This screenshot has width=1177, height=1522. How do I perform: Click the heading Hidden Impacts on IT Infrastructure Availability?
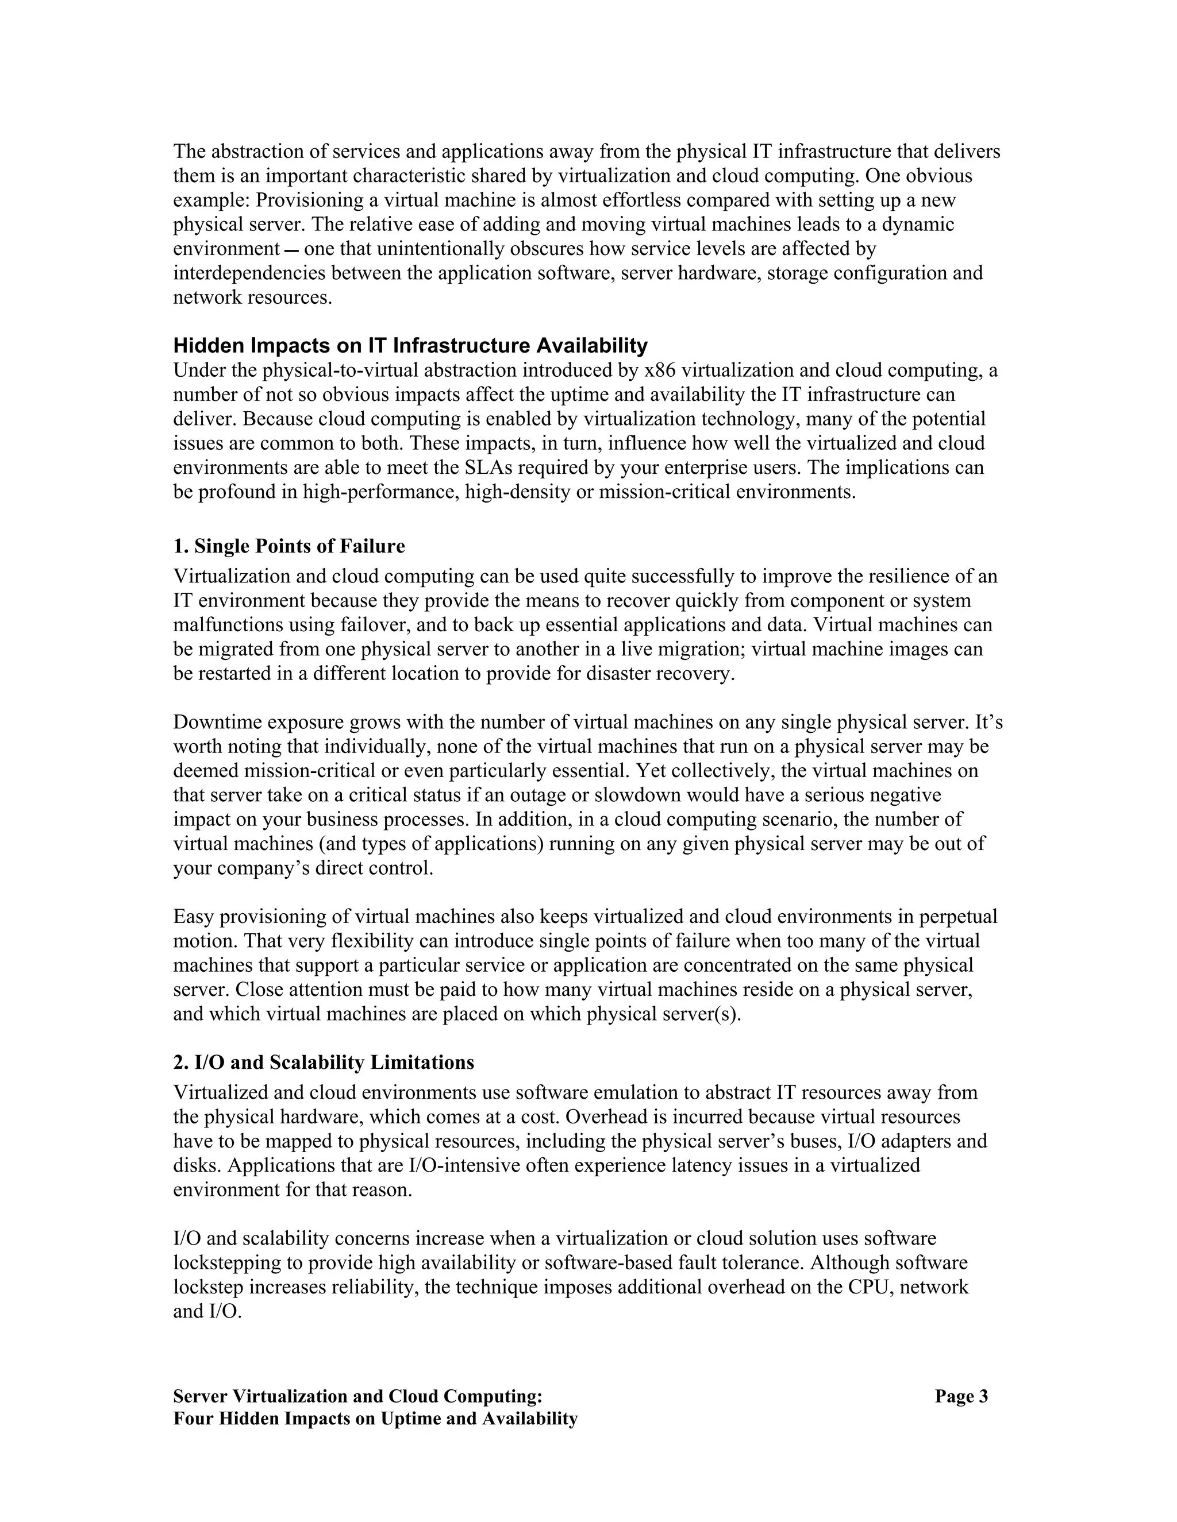(x=410, y=345)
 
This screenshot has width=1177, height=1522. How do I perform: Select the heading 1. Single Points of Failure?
(x=289, y=546)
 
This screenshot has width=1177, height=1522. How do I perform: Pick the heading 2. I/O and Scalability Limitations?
(x=324, y=1062)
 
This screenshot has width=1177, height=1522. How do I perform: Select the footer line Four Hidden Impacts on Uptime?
(x=375, y=1419)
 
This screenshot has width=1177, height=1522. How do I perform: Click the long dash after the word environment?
(x=292, y=249)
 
